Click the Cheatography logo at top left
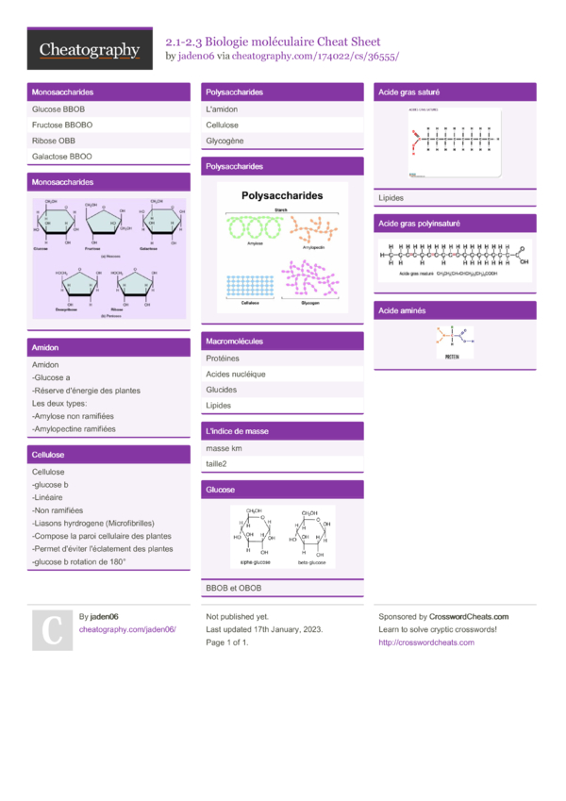pos(90,50)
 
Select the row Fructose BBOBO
pos(62,125)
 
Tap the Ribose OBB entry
pos(54,141)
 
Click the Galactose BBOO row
pos(62,157)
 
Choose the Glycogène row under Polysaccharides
pos(225,141)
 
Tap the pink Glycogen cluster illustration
pos(311,280)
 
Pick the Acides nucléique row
pos(236,374)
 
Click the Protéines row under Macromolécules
pos(223,359)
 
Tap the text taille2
pos(216,464)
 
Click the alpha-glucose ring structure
pos(255,536)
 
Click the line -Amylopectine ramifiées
pos(74,428)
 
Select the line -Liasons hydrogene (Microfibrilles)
pos(92,523)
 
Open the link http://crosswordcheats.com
pos(425,642)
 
